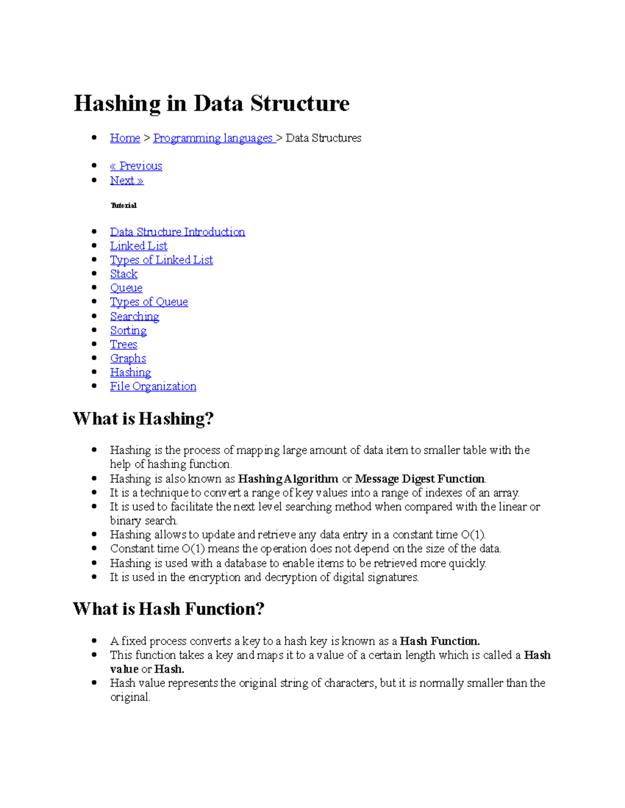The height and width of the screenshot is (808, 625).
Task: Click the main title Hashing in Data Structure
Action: pos(211,103)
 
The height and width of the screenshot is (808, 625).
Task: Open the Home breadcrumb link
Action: pos(125,138)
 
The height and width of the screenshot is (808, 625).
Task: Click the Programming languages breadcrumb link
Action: pos(214,138)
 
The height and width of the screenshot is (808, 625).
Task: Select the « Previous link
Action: pos(136,166)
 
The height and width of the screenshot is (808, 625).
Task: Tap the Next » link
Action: pos(127,181)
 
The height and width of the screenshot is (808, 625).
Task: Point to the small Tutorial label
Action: pos(123,206)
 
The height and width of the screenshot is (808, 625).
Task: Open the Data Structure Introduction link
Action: pos(177,232)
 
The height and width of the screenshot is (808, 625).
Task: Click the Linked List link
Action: pos(139,246)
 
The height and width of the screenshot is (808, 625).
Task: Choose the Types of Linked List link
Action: pos(161,260)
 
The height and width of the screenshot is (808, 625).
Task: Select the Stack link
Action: pos(123,274)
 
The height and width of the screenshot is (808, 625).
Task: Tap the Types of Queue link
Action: pos(149,302)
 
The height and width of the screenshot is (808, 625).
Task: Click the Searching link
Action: pos(134,316)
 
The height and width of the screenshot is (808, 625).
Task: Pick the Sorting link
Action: pos(128,330)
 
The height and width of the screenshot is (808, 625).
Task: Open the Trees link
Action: pos(123,344)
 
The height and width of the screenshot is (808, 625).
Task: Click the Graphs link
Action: pos(128,358)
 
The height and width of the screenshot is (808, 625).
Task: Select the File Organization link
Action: pos(153,387)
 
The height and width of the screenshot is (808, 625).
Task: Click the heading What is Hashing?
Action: pos(143,419)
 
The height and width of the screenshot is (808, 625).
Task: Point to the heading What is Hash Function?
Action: pos(169,609)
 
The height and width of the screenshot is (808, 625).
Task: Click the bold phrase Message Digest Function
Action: pos(419,479)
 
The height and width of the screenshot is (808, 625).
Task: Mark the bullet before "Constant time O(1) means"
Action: pos(94,548)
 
